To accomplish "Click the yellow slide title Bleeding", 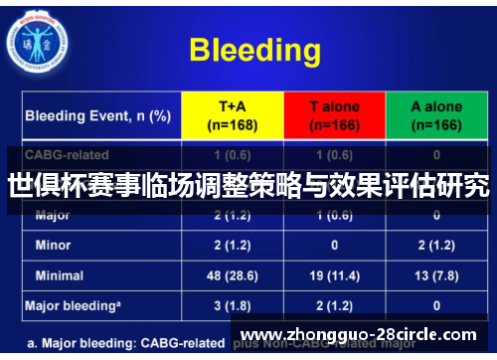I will tap(254, 50).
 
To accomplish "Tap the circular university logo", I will tap(37, 39).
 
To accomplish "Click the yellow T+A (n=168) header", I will tap(233, 115).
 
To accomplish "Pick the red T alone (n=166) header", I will tap(333, 115).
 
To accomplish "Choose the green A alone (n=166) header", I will tap(435, 115).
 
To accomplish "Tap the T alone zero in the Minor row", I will tap(333, 244).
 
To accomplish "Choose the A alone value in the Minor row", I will tap(435, 244).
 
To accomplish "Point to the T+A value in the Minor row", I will tap(233, 244).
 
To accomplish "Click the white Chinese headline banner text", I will tap(248, 185).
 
